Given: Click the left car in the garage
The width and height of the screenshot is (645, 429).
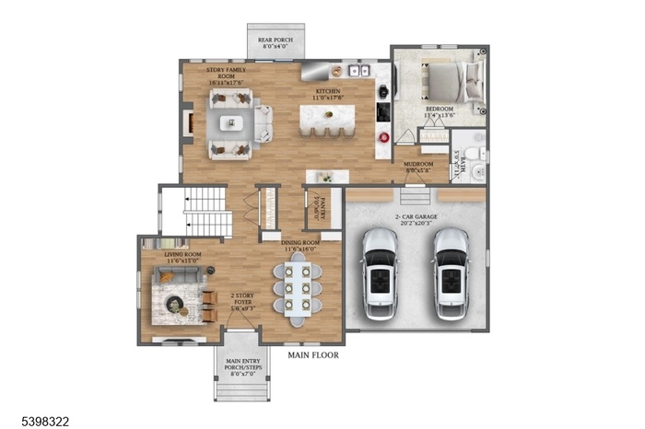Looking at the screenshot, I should pyautogui.click(x=380, y=273).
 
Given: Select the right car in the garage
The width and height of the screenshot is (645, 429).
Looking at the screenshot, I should pyautogui.click(x=451, y=273).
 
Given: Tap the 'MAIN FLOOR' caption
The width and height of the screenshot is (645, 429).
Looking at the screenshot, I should pyautogui.click(x=312, y=354).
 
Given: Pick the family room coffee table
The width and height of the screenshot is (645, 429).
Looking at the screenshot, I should pyautogui.click(x=231, y=122).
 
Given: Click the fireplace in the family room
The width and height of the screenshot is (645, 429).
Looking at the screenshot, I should pyautogui.click(x=188, y=123).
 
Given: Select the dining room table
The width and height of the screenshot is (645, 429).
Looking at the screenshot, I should pyautogui.click(x=299, y=287).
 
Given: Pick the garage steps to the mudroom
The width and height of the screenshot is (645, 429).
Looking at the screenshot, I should pyautogui.click(x=415, y=196).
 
